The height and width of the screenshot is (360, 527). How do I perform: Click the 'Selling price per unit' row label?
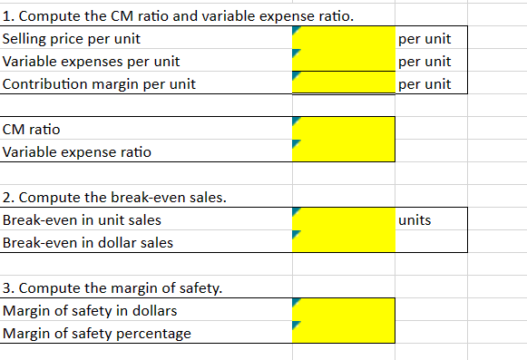click(x=73, y=39)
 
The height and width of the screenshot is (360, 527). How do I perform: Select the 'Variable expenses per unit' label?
click(x=91, y=62)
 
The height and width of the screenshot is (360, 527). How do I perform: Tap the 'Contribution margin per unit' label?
click(x=99, y=84)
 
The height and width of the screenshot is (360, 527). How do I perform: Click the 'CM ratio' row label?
click(x=32, y=130)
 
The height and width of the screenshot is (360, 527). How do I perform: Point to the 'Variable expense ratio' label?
click(x=77, y=151)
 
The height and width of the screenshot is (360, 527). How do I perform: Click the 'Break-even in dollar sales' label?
click(x=88, y=242)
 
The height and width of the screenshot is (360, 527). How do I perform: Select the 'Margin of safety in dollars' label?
click(x=90, y=311)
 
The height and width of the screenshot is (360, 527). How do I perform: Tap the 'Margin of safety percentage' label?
click(x=97, y=333)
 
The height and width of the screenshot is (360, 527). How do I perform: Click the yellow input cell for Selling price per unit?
click(x=343, y=39)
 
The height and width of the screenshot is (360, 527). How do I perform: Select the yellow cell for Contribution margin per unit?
click(x=343, y=83)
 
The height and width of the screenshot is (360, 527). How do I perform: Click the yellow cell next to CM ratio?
click(x=343, y=128)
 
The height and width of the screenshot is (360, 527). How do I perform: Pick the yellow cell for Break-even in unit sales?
click(x=343, y=219)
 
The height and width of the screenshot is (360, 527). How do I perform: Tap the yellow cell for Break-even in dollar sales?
click(x=343, y=240)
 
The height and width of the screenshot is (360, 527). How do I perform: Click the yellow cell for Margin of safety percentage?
click(x=343, y=332)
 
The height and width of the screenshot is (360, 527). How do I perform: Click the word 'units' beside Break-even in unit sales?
click(x=415, y=219)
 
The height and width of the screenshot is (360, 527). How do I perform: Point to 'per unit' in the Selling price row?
click(x=424, y=39)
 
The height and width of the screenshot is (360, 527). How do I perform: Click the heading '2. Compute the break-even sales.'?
click(x=114, y=198)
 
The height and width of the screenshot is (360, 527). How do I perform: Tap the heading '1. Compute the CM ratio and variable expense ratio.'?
click(x=178, y=16)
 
